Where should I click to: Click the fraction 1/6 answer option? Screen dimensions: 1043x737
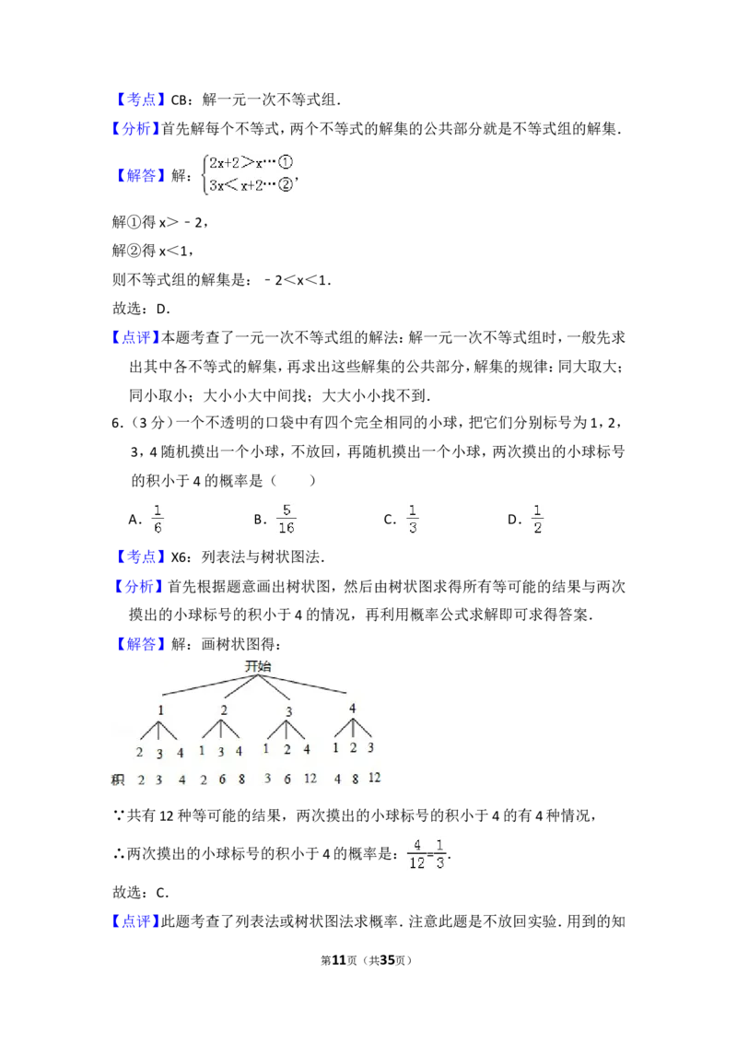[x=158, y=520]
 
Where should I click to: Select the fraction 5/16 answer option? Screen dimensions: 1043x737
[x=287, y=520]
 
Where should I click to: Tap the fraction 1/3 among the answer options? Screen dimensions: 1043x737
[x=413, y=520]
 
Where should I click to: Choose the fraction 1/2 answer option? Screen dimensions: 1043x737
[x=538, y=520]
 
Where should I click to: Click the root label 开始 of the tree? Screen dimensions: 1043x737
[x=258, y=666]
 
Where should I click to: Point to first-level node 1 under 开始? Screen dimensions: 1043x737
[x=161, y=710]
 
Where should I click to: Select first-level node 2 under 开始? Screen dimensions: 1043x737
[x=224, y=710]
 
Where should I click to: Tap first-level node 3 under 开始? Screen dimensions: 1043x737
[x=288, y=711]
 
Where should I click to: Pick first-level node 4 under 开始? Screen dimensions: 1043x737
[x=353, y=709]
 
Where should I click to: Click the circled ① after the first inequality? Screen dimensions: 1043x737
[x=286, y=162]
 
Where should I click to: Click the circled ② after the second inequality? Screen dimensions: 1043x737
[x=286, y=185]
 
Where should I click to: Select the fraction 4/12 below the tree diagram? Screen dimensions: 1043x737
[x=417, y=854]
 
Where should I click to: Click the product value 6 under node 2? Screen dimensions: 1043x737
[x=222, y=779]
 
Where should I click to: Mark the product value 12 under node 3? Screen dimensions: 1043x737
[x=310, y=779]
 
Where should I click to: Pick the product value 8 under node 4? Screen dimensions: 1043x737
[x=355, y=779]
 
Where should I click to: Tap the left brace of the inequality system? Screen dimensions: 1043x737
[x=204, y=173]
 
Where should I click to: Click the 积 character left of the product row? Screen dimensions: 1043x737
[x=117, y=780]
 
